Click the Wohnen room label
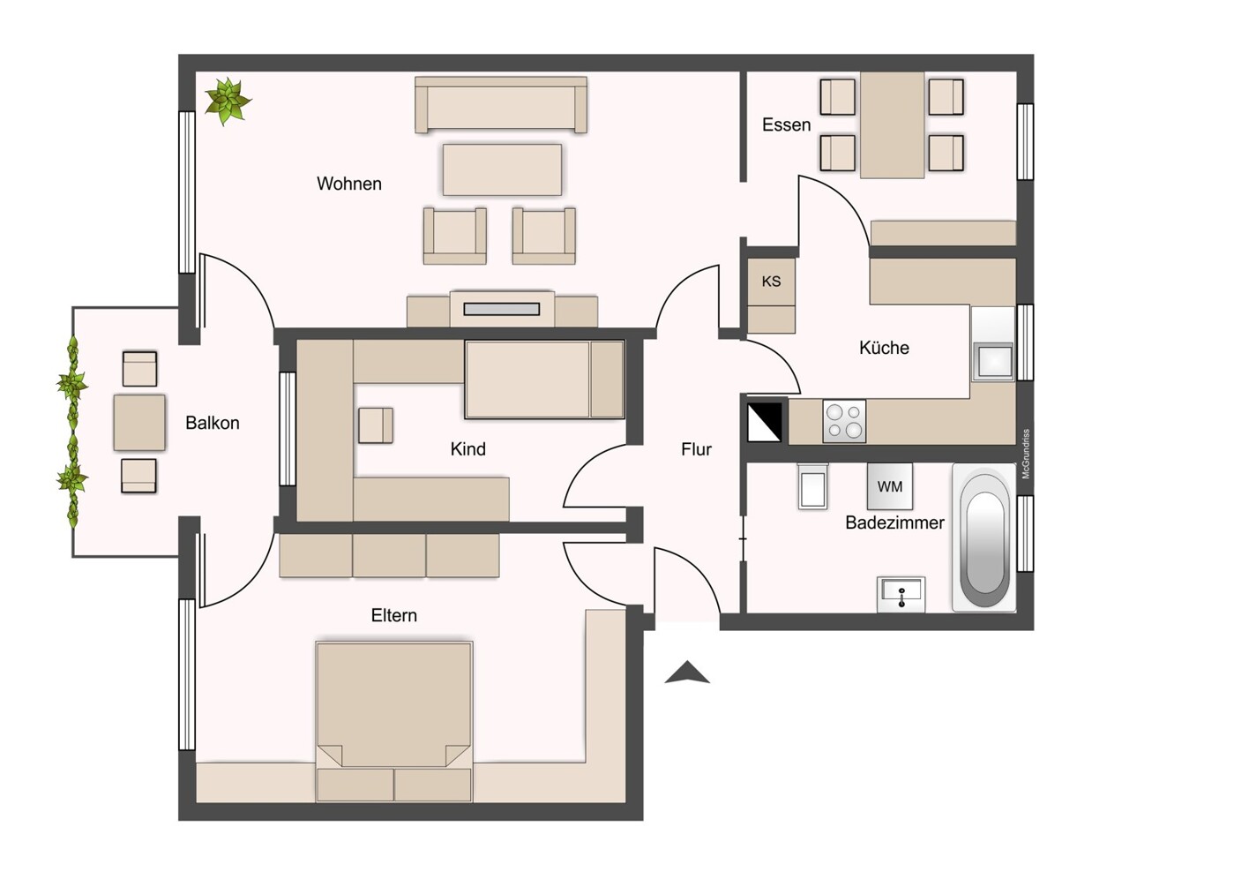pyautogui.click(x=349, y=184)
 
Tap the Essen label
pyautogui.click(x=786, y=125)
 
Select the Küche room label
pyautogui.click(x=884, y=348)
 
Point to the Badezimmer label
pyautogui.click(x=894, y=522)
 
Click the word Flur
pyautogui.click(x=696, y=449)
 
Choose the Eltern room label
pyautogui.click(x=393, y=615)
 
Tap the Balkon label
pyautogui.click(x=212, y=423)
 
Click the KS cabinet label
pyautogui.click(x=771, y=282)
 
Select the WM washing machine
pyautogui.click(x=890, y=486)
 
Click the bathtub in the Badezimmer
pyautogui.click(x=984, y=539)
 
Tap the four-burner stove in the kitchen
pyautogui.click(x=844, y=421)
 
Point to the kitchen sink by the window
pyautogui.click(x=993, y=361)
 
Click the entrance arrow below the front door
pyautogui.click(x=687, y=673)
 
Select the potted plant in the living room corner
pyautogui.click(x=228, y=101)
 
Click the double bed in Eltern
pyautogui.click(x=393, y=706)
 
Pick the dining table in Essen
pyautogui.click(x=892, y=125)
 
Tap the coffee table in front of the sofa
pyautogui.click(x=502, y=169)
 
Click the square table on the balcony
pyautogui.click(x=139, y=423)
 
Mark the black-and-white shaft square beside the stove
pyautogui.click(x=765, y=422)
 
